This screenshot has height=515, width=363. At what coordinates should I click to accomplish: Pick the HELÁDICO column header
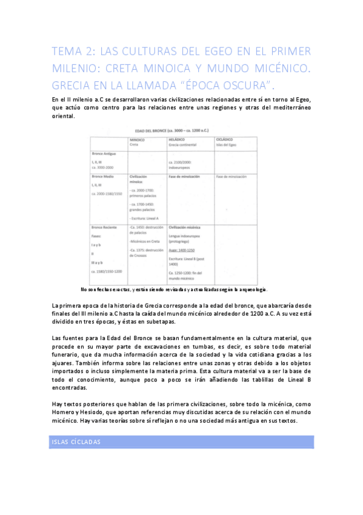tap(177, 140)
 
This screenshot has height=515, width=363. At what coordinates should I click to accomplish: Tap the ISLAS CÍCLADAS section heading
tap(77, 442)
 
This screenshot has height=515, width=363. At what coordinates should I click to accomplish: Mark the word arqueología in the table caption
tap(250, 289)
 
